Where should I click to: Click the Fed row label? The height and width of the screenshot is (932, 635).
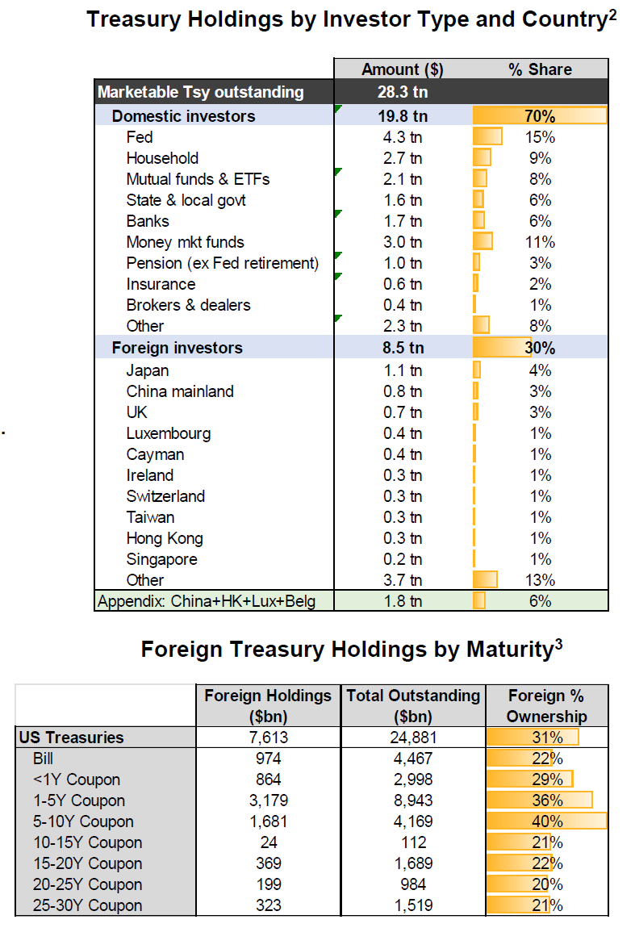point(140,137)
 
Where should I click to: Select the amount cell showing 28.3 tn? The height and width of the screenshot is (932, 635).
point(402,92)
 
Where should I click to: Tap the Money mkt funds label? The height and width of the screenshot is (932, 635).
point(185,242)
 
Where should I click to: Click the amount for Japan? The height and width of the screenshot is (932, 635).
point(402,370)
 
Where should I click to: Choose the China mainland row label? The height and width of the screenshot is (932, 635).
point(180,391)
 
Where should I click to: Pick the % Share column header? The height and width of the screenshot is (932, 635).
point(540,69)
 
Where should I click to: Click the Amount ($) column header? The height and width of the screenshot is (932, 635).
point(402,69)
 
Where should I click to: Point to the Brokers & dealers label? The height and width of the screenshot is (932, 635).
point(188,305)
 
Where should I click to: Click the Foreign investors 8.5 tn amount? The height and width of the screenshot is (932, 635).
point(402,349)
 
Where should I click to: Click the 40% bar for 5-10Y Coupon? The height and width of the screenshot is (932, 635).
point(546,821)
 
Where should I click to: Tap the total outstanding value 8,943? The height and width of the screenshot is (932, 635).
point(413,800)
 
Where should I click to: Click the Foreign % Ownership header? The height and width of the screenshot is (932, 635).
point(546,705)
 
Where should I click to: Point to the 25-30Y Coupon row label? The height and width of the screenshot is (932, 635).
point(87,905)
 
